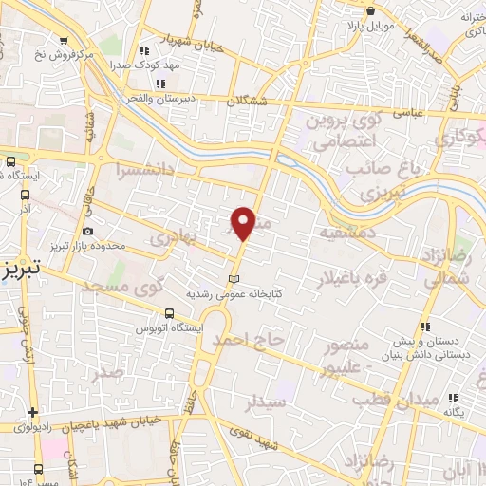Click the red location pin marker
click(244, 222)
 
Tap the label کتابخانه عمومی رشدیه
click(233, 294)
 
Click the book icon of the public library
click(233, 279)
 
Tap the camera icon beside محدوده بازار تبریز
click(88, 231)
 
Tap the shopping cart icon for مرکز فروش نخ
click(64, 40)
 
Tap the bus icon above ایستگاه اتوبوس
click(169, 314)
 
